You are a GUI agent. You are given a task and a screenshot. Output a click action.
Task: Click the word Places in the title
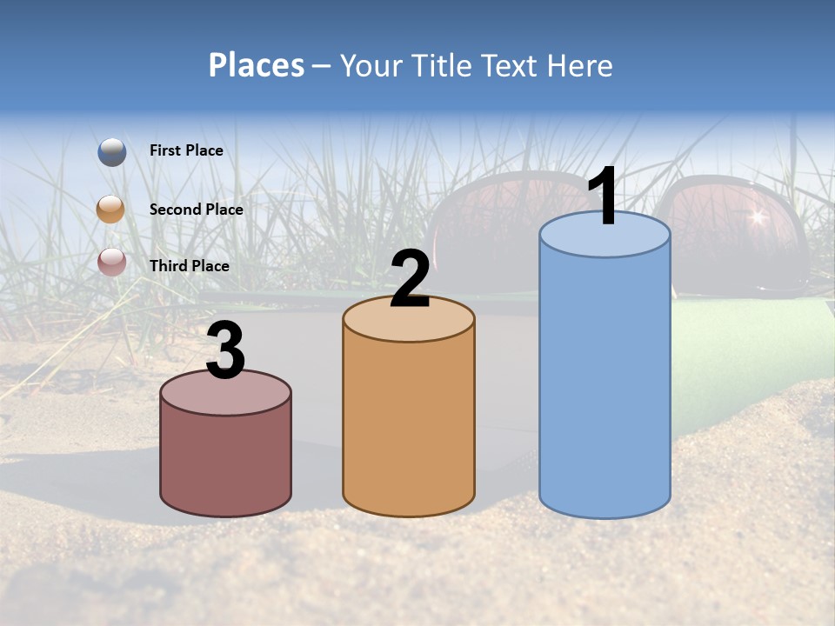pyautogui.click(x=257, y=66)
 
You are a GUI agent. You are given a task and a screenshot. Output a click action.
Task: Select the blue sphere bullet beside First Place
pyautogui.click(x=112, y=151)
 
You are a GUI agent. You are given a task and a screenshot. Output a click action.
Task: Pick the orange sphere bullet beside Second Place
pyautogui.click(x=111, y=210)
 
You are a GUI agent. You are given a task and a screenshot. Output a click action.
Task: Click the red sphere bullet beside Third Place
pyautogui.click(x=111, y=262)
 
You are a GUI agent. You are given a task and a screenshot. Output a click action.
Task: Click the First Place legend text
pyautogui.click(x=186, y=150)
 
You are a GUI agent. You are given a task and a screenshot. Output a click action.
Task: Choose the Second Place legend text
pyautogui.click(x=196, y=210)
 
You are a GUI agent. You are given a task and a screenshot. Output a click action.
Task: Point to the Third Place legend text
pyautogui.click(x=189, y=266)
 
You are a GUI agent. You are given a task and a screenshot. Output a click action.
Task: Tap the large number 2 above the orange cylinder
pyautogui.click(x=410, y=280)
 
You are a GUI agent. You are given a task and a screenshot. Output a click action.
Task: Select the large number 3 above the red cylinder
pyautogui.click(x=226, y=351)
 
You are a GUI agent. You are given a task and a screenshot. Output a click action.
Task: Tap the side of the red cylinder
pyautogui.click(x=226, y=461)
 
